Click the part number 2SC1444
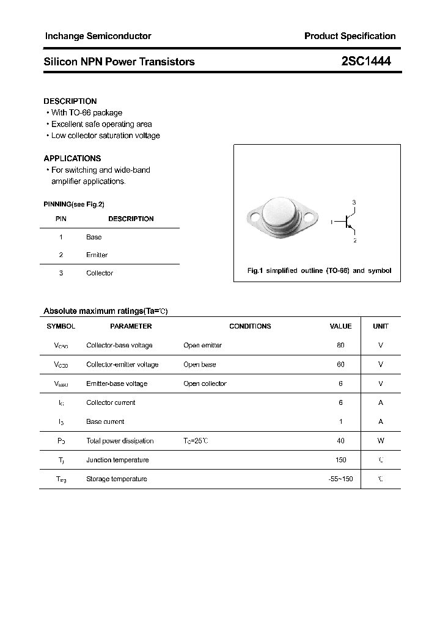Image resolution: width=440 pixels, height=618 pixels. click(366, 61)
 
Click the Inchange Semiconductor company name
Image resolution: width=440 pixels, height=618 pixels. click(98, 36)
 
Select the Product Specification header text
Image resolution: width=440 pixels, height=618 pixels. click(350, 36)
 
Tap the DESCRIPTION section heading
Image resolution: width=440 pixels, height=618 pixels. click(70, 101)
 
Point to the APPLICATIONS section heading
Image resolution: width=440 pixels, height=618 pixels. click(72, 158)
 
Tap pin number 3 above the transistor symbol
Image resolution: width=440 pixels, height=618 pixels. click(354, 202)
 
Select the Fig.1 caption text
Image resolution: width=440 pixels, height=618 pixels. click(318, 271)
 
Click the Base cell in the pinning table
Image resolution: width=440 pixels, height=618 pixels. click(94, 237)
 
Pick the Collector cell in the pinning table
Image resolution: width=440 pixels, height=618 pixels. click(100, 273)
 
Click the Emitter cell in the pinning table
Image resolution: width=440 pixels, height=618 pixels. click(97, 255)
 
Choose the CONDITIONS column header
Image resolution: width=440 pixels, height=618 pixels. click(250, 326)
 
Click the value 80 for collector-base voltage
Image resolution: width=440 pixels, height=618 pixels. click(340, 345)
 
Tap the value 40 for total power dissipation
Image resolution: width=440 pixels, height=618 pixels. click(340, 440)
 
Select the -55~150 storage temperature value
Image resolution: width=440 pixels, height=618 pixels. click(340, 479)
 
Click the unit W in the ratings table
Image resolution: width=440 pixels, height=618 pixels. click(381, 440)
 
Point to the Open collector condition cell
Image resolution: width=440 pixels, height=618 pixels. click(205, 384)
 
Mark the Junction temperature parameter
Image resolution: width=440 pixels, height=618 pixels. click(117, 460)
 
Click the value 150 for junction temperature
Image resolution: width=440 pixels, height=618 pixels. click(340, 460)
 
